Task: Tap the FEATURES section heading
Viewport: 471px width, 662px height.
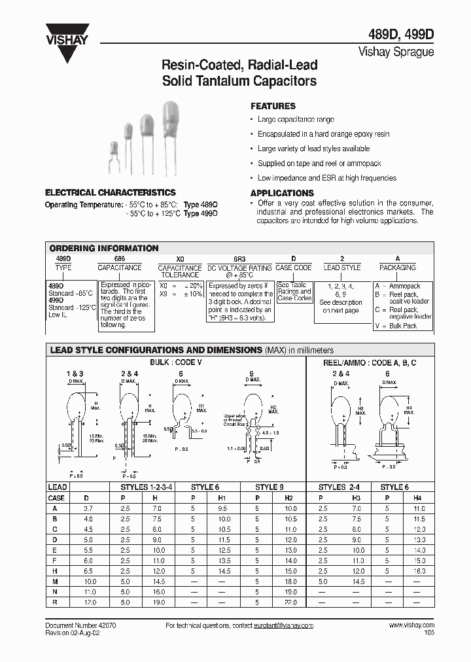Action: pyautogui.click(x=273, y=106)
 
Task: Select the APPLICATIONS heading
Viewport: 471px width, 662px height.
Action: pyautogui.click(x=282, y=193)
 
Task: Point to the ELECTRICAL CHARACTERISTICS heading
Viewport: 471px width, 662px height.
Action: pyautogui.click(x=110, y=192)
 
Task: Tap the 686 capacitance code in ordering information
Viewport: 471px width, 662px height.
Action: pyautogui.click(x=119, y=259)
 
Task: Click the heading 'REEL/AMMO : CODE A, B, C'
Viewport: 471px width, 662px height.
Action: pyautogui.click(x=370, y=362)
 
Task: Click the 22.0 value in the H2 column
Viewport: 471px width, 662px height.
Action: pyautogui.click(x=291, y=602)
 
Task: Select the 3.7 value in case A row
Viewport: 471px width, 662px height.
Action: pyautogui.click(x=89, y=508)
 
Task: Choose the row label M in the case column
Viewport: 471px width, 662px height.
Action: pyautogui.click(x=56, y=582)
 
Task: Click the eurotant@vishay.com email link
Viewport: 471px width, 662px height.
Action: pyautogui.click(x=283, y=625)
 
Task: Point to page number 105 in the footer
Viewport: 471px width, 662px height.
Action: pyautogui.click(x=428, y=633)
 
